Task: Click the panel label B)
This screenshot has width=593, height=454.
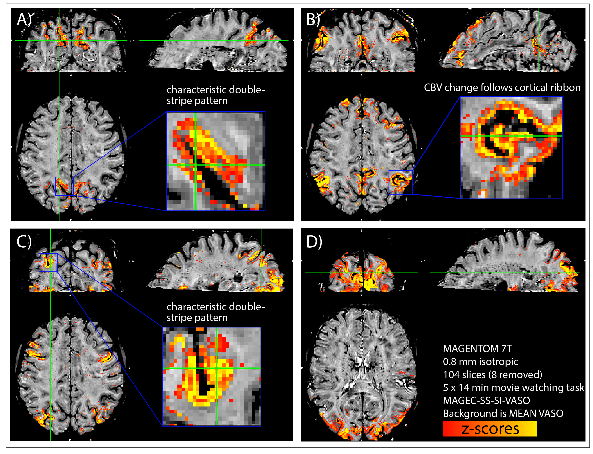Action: click(313, 19)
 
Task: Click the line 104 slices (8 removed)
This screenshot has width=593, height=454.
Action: click(492, 375)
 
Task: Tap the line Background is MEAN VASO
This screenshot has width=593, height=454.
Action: click(503, 413)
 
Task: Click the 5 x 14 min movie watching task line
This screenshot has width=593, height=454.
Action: click(513, 387)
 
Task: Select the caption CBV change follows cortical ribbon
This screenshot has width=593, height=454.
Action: click(502, 88)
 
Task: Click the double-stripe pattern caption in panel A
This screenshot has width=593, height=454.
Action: click(215, 95)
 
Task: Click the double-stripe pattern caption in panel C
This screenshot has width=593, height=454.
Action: click(215, 312)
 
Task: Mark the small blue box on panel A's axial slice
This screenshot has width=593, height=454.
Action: click(64, 186)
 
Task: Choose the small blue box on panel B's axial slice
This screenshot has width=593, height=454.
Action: click(400, 182)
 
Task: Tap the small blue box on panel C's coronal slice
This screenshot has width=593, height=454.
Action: click(48, 262)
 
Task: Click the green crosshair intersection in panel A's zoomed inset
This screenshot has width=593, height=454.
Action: click(195, 165)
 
